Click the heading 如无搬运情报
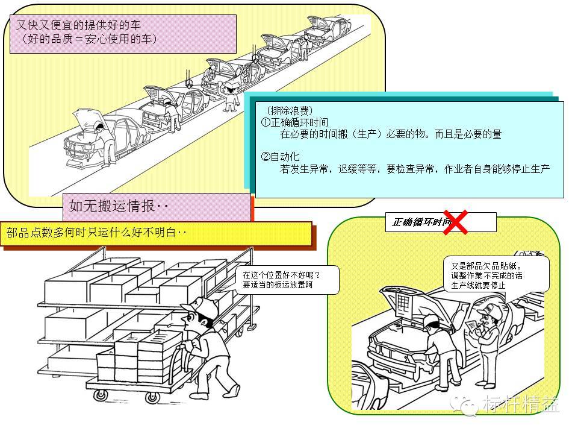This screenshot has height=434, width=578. (x=119, y=207)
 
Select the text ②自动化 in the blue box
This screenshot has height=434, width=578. (x=280, y=157)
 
